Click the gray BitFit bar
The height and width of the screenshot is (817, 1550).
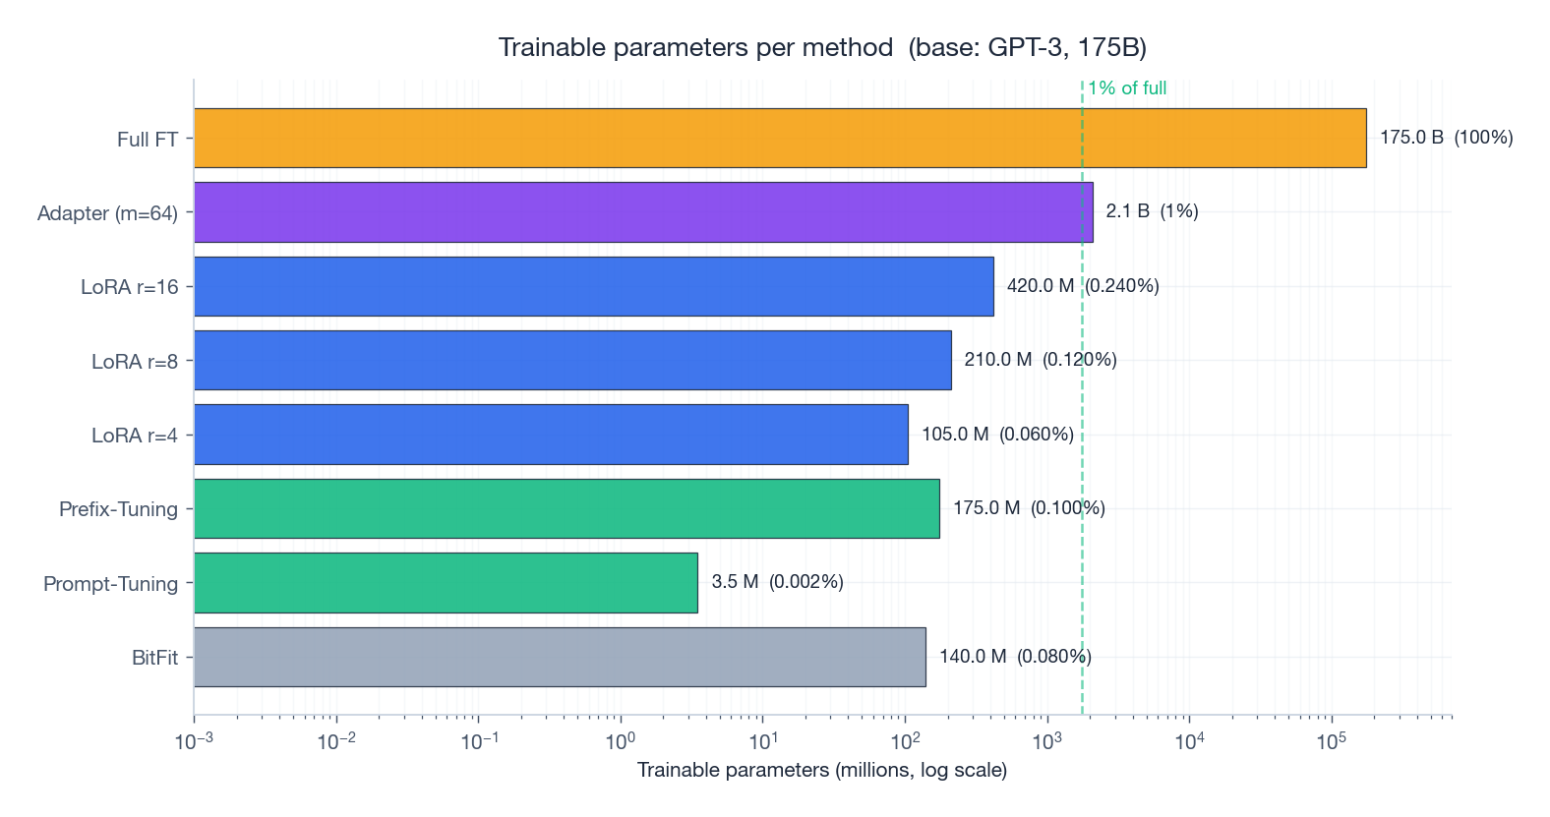560,657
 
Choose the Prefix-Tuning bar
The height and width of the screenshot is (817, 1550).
566,508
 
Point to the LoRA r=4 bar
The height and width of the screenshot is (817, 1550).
551,434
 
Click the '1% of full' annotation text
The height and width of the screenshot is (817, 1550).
1127,88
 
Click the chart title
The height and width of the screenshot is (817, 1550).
822,47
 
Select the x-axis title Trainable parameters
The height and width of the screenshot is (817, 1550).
822,770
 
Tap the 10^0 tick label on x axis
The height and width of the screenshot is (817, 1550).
621,741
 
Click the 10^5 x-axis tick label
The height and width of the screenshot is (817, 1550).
1331,741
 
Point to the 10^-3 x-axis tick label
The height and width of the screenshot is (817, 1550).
194,741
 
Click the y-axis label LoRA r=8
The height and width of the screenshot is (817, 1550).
135,362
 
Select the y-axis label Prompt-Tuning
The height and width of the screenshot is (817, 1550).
110,584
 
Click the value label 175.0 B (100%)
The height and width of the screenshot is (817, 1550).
1446,138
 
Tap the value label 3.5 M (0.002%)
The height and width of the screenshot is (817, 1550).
777,582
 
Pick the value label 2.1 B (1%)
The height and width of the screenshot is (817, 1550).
1152,211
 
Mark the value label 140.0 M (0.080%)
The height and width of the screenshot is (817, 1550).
1015,657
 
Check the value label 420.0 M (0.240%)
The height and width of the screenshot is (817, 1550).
1083,286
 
